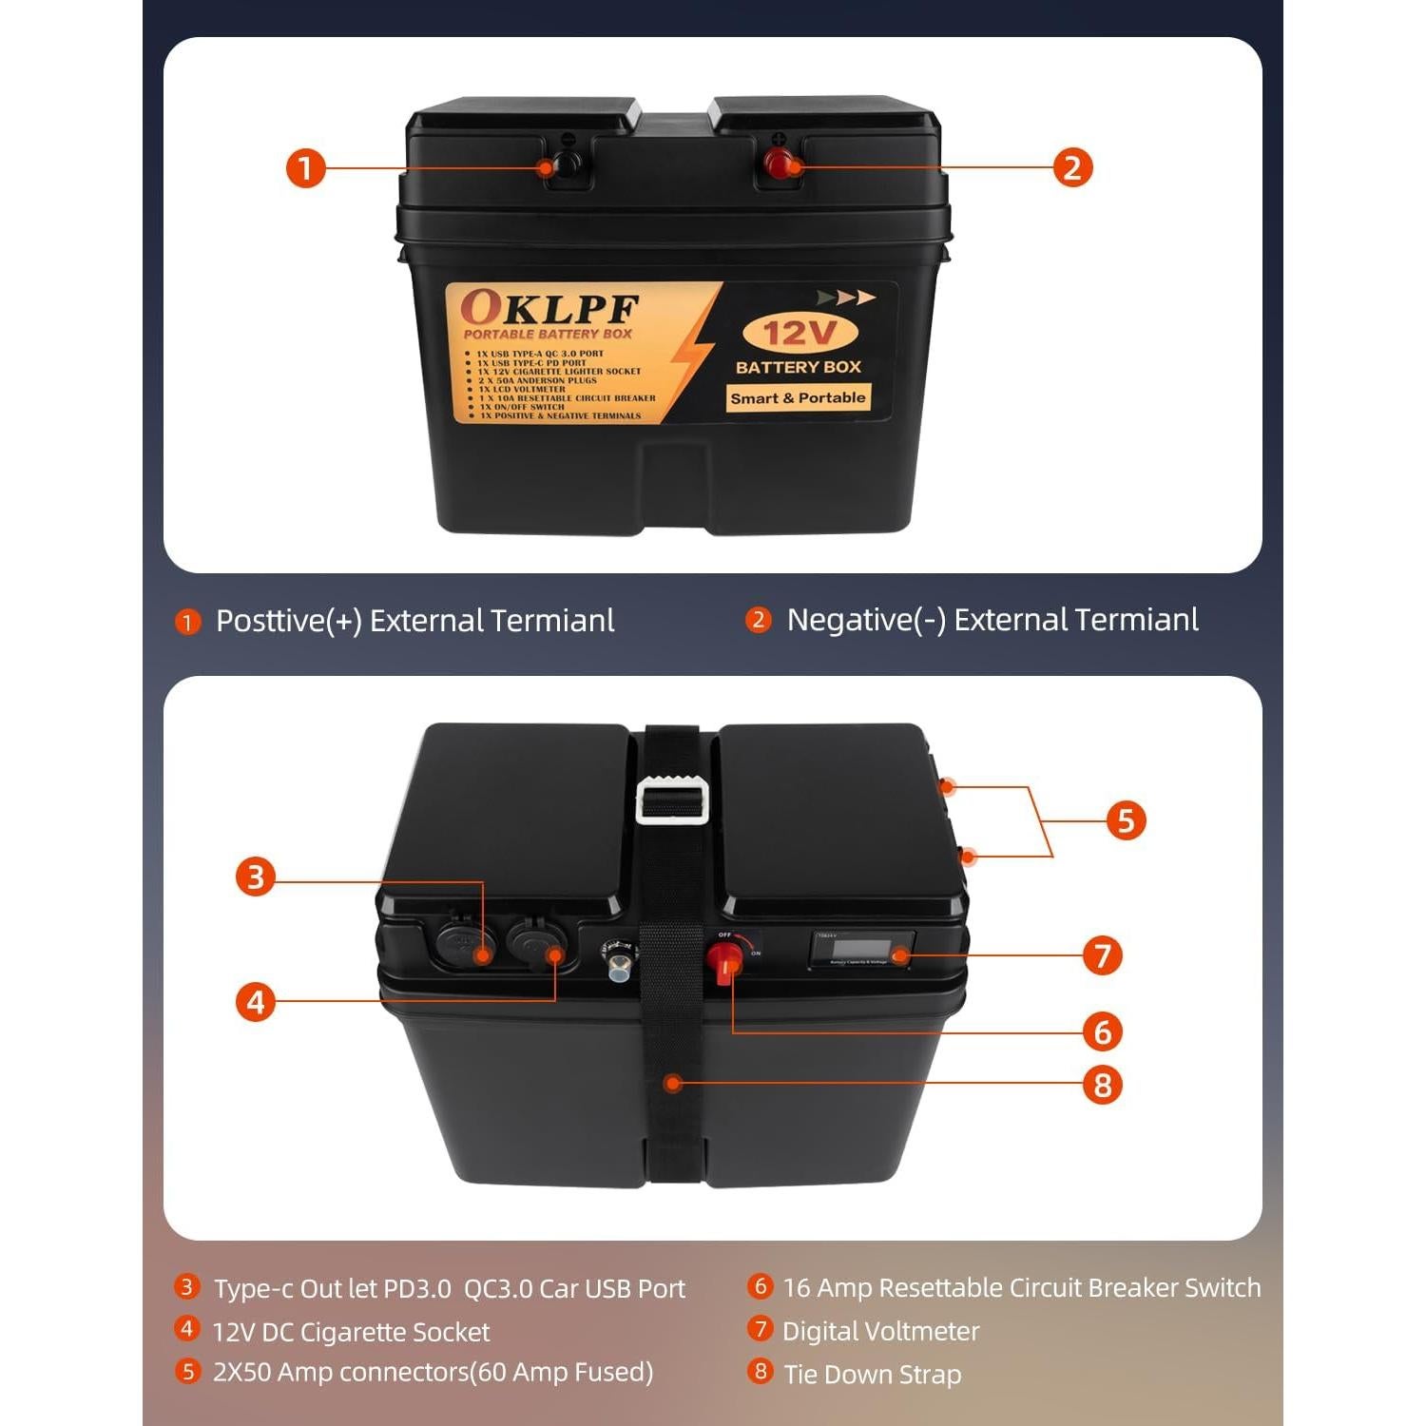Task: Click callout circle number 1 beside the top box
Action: pyautogui.click(x=305, y=168)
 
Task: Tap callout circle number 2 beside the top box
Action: pyautogui.click(x=1072, y=168)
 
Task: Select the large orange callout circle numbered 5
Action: pyautogui.click(x=1126, y=820)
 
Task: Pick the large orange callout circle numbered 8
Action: pyautogui.click(x=1103, y=1085)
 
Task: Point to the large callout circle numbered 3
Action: pyautogui.click(x=256, y=877)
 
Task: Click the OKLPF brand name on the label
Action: pyautogui.click(x=549, y=308)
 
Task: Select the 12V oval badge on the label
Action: pyautogui.click(x=799, y=333)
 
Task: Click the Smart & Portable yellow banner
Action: pyautogui.click(x=798, y=398)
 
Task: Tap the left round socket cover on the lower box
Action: pyautogui.click(x=465, y=944)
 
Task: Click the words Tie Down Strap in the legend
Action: pyautogui.click(x=872, y=1375)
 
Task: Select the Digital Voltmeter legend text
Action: pyautogui.click(x=880, y=1331)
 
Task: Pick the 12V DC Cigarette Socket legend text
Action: pyautogui.click(x=351, y=1332)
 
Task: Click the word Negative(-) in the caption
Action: pyautogui.click(x=866, y=620)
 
